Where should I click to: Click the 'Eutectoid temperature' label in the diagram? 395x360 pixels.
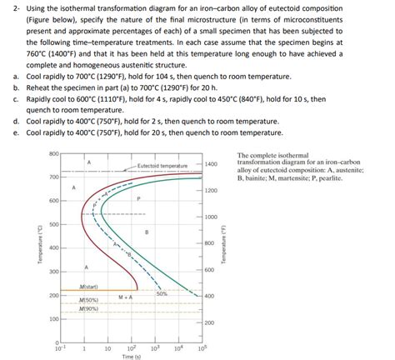click(x=162, y=166)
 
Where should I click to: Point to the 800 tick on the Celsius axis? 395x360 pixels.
click(x=53, y=154)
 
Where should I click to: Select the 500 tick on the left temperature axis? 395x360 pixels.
click(x=53, y=225)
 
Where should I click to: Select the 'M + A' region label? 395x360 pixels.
click(x=126, y=297)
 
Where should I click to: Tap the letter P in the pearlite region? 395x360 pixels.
click(x=138, y=198)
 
